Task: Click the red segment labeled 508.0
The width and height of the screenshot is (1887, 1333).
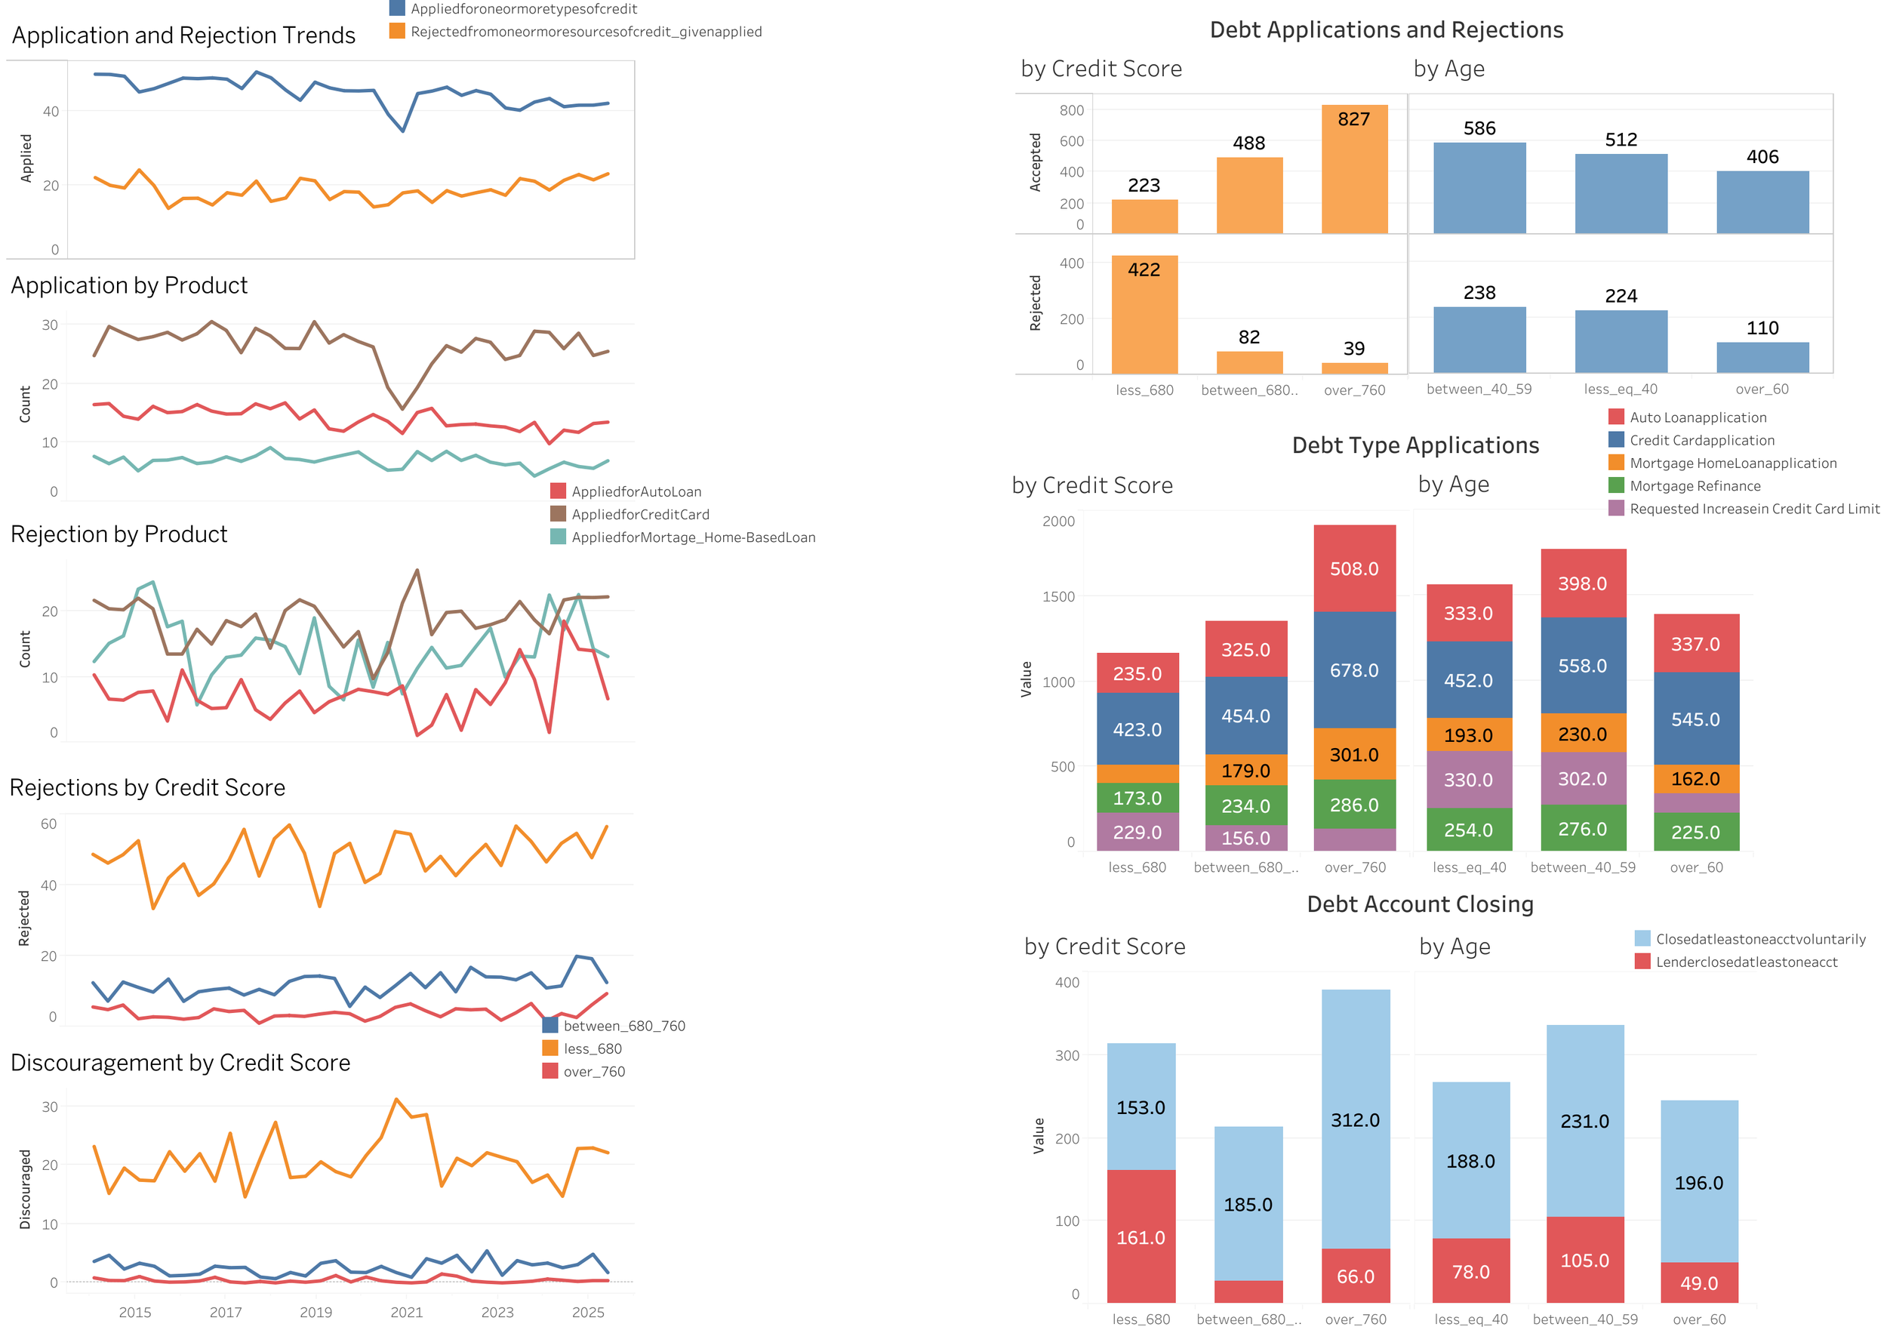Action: [x=1353, y=568]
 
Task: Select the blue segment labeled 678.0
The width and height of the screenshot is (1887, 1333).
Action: [x=1353, y=670]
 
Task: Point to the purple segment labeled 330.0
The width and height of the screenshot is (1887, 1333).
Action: [x=1468, y=779]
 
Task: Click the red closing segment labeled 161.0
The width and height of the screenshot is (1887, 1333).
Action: [x=1141, y=1237]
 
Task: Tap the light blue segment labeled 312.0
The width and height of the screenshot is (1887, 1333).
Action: [x=1356, y=1119]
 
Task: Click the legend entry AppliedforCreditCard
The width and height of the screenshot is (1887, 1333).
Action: [x=639, y=515]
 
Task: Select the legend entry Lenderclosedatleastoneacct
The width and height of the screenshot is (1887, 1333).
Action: [x=1746, y=962]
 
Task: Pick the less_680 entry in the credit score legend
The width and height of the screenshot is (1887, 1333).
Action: [x=592, y=1048]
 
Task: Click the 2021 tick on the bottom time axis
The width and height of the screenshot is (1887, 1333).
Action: [x=406, y=1313]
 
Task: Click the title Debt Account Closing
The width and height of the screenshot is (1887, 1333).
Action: [x=1419, y=904]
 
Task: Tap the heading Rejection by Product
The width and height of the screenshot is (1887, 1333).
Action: [x=119, y=534]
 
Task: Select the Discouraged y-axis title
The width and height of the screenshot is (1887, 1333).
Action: [x=26, y=1188]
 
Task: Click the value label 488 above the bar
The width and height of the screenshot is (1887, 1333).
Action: [x=1248, y=143]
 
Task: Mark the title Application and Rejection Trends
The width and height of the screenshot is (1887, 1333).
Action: [x=183, y=35]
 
